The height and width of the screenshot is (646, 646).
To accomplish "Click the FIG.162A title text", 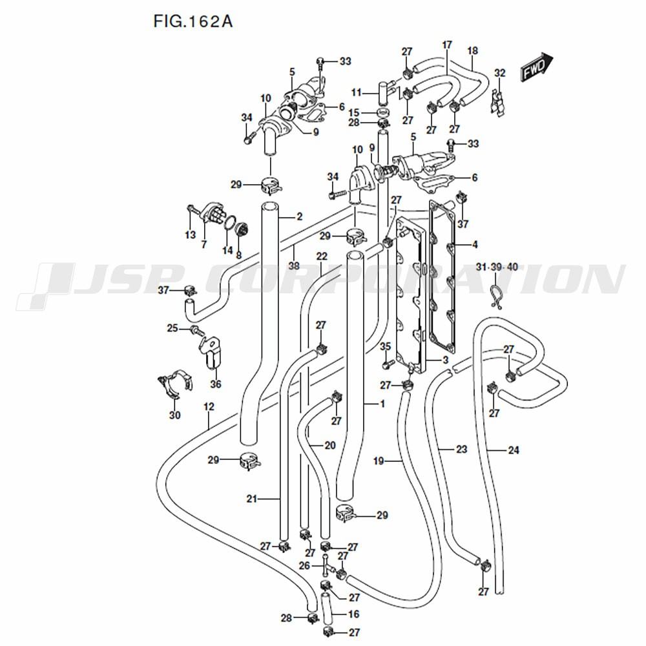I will pos(193,21).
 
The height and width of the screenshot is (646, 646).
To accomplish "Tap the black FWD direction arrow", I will pos(537,67).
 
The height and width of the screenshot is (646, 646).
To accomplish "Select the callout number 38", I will pos(293,266).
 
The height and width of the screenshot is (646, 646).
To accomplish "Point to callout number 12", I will pos(208,407).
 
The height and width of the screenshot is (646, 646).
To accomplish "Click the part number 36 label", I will pos(215,384).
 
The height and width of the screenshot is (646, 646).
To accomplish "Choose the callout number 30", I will pos(174,415).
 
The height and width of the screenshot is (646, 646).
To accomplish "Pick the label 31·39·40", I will pos(496,267).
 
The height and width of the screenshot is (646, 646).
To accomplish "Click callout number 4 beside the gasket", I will pos(475,245).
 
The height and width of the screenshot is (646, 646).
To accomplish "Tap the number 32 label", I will pos(499,72).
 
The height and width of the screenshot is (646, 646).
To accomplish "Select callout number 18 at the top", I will pos(472,50).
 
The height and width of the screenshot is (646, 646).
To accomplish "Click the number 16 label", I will pos(353,614).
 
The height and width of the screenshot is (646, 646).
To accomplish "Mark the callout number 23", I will pos(461,450).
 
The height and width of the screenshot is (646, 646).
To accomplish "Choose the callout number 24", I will pos(513,450).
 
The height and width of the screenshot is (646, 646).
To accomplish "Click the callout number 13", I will pos(190,234).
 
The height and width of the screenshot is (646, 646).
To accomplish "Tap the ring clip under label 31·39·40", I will pos(496,295).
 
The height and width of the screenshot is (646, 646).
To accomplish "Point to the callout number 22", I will pos(322,256).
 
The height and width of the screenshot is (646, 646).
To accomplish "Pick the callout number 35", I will pos(386,348).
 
